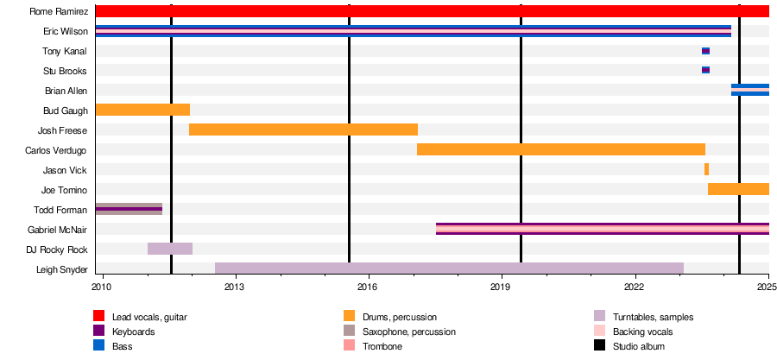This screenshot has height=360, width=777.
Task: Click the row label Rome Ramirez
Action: coord(59,11)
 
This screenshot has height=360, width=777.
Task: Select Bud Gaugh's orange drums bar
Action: coord(142,110)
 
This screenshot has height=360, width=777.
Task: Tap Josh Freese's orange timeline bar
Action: coord(303,129)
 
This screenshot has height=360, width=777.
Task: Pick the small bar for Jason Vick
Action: coord(706,169)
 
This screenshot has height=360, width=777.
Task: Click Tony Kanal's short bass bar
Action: coord(705,51)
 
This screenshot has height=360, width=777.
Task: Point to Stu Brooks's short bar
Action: coord(705,70)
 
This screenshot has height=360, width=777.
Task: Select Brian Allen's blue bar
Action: coord(750,90)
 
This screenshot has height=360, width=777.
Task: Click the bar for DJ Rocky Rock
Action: coord(170,249)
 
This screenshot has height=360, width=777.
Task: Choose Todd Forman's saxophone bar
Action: coord(129,209)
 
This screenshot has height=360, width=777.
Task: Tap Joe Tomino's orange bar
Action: coord(738,189)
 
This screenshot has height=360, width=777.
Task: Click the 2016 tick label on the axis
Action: coord(369,287)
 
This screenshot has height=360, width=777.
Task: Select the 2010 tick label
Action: coord(102,287)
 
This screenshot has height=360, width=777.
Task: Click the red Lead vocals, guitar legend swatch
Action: coord(99,316)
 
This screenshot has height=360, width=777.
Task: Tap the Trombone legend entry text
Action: coord(382,347)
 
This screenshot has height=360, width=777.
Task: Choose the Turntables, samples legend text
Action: coord(654,317)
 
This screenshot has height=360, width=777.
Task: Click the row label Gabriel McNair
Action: coord(58,230)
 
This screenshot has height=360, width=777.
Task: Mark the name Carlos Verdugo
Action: coord(56,150)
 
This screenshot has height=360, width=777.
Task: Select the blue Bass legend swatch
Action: coord(99,345)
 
